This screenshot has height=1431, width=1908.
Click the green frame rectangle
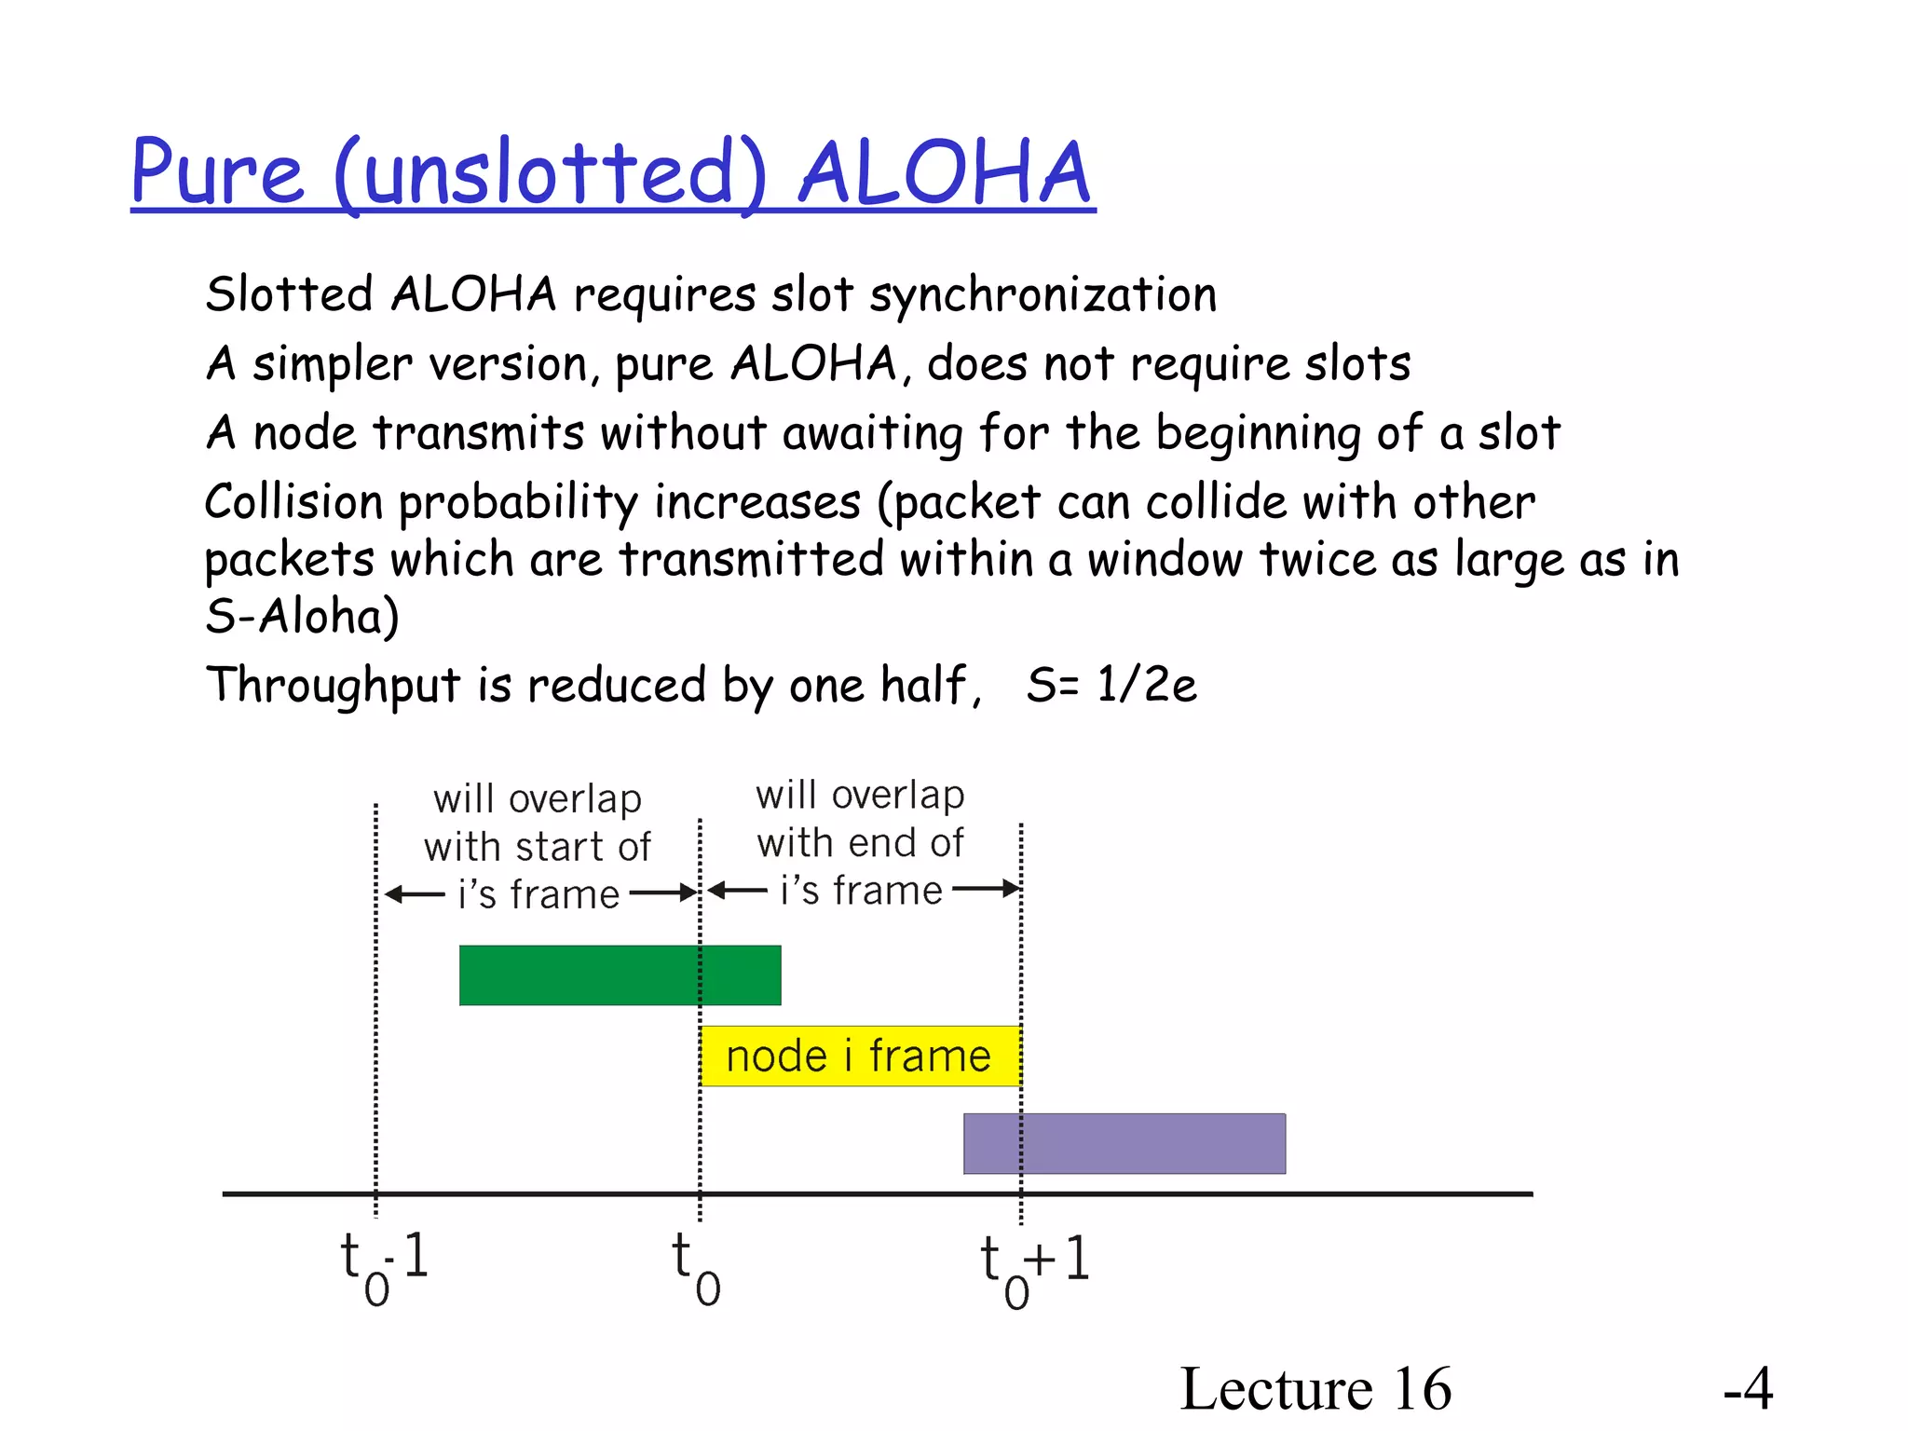click(620, 975)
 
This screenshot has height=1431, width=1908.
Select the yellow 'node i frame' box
click(860, 1056)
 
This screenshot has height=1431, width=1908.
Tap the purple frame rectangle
click(1124, 1143)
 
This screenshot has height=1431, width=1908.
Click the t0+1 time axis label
click(1034, 1267)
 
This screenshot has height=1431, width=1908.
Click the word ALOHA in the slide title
click(944, 173)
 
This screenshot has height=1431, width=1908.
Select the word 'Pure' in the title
click(217, 173)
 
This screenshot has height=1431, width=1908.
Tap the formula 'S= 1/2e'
click(1111, 685)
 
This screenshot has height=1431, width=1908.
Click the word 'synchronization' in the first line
click(1043, 296)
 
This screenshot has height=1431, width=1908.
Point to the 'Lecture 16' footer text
click(1315, 1388)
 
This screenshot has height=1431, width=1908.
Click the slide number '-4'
click(1747, 1388)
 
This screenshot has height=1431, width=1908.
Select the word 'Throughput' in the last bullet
click(333, 687)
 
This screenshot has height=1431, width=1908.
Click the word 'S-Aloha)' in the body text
click(302, 617)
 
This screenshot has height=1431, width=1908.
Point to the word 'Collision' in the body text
click(293, 502)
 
